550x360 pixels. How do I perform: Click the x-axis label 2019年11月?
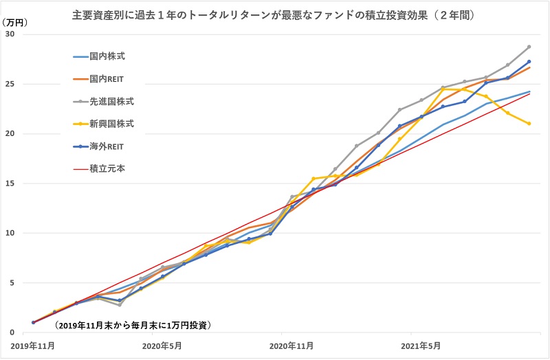[33, 346]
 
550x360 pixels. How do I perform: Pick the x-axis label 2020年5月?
[162, 346]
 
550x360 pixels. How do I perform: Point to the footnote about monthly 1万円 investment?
[133, 324]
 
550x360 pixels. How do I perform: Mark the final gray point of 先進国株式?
[529, 47]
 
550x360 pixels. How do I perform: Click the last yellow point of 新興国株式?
[529, 124]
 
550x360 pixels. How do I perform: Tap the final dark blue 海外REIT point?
[529, 62]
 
